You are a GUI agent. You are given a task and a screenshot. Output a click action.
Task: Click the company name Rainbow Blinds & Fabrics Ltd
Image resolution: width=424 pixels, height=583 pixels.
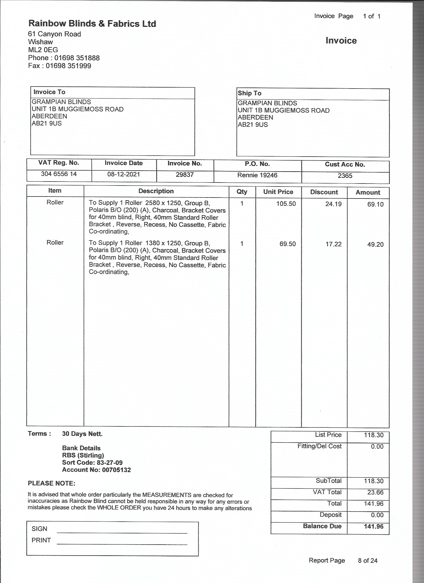(x=92, y=24)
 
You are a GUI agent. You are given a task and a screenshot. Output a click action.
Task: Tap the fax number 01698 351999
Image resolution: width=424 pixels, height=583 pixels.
(x=68, y=66)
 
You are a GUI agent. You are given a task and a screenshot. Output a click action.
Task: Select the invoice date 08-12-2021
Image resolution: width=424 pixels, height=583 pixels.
(x=123, y=174)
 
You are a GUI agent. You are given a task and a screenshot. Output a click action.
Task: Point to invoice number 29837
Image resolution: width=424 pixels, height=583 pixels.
(x=185, y=175)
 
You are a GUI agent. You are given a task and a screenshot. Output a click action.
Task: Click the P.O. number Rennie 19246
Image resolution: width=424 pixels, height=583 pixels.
(x=257, y=175)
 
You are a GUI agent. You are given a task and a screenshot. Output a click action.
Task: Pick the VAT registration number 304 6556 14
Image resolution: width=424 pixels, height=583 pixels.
(x=59, y=174)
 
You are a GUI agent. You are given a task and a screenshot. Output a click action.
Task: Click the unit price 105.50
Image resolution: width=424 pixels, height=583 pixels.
(x=286, y=204)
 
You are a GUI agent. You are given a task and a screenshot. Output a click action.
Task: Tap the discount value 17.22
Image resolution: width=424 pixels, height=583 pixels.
(x=333, y=244)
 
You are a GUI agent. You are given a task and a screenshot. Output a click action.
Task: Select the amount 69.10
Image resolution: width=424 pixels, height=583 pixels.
(x=375, y=204)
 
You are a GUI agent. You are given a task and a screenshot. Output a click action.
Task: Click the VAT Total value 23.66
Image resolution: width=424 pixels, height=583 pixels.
(x=375, y=492)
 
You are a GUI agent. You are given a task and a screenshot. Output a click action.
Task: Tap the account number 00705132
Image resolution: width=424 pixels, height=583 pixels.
(x=116, y=470)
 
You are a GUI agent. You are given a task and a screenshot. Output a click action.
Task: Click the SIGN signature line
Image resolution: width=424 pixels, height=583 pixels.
(x=122, y=532)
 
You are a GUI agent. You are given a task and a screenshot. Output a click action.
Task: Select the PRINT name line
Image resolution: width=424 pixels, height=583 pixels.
(x=122, y=544)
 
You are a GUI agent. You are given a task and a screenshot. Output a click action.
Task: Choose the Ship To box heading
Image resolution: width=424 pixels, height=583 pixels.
(x=249, y=93)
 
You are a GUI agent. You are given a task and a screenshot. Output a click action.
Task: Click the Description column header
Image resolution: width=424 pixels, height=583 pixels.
(x=156, y=191)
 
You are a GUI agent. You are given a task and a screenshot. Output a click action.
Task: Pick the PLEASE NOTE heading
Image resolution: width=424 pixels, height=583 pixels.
(x=51, y=483)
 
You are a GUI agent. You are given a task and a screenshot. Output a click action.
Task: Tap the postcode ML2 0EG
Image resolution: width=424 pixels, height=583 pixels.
(x=43, y=50)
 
